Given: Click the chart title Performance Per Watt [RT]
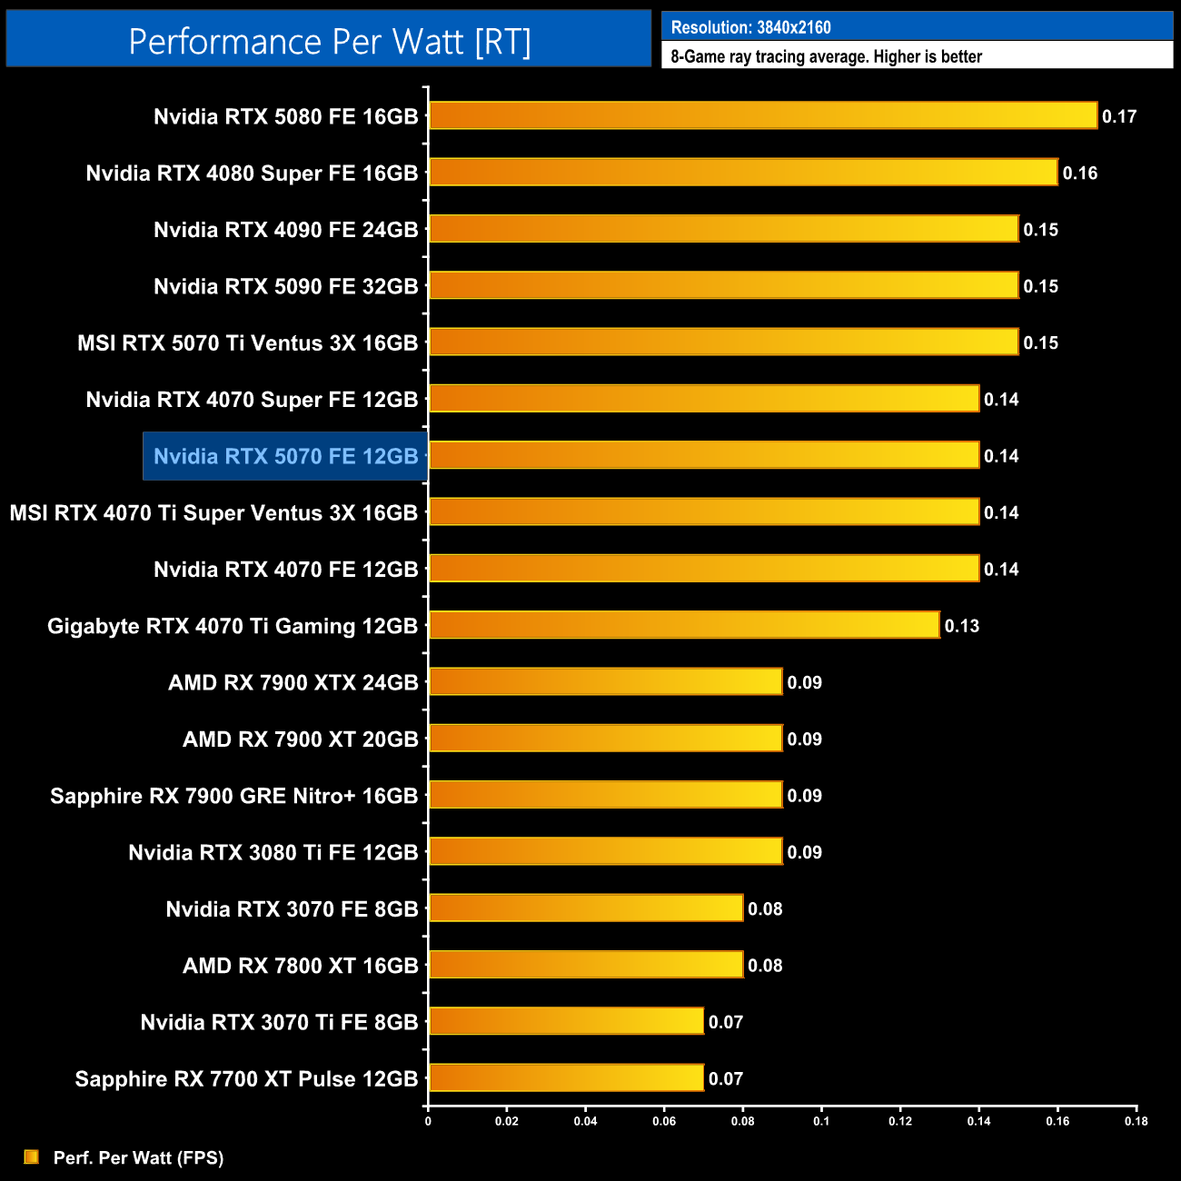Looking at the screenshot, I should (329, 41).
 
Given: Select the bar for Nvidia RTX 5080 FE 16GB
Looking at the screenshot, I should (763, 115).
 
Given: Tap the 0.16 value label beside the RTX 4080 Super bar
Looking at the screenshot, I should (1079, 173).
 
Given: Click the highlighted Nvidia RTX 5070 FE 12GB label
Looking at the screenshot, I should (285, 456).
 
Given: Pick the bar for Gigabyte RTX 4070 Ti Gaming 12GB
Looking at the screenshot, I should (684, 625).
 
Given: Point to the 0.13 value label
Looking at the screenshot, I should (961, 626).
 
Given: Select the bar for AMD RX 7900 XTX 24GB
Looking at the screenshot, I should (605, 681).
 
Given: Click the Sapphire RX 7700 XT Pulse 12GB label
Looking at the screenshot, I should (246, 1078).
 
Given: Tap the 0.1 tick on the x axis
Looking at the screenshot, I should (821, 1121).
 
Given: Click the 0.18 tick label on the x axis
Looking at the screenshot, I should (1136, 1121).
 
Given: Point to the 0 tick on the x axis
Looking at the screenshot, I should (428, 1121).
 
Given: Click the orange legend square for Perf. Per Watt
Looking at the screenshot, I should (32, 1156).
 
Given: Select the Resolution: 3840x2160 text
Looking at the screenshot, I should (750, 27).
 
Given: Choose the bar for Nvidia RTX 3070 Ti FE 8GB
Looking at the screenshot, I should (566, 1021).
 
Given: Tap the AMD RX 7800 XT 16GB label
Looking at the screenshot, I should (300, 965).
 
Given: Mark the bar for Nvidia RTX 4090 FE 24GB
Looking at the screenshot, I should (723, 229).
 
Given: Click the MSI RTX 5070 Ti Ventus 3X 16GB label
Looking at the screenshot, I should (247, 342).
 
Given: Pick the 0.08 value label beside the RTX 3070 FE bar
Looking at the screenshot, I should (765, 908).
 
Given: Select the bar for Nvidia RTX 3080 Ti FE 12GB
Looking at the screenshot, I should (605, 851).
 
